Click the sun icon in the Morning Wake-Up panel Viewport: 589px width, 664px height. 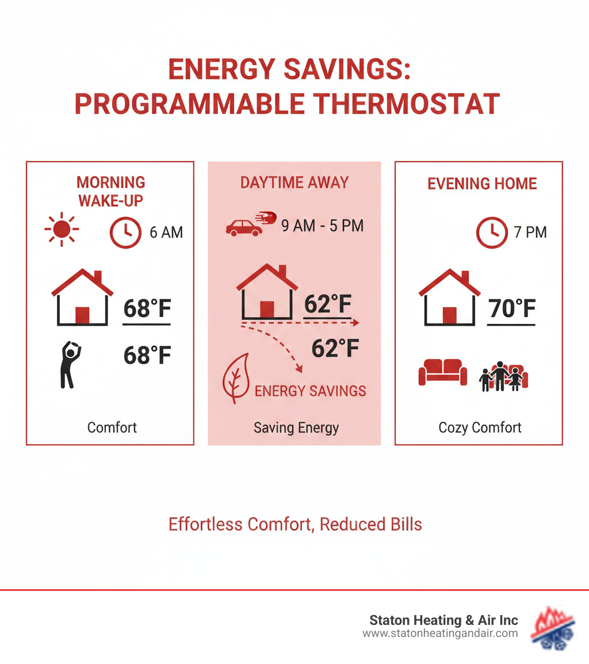coord(62,230)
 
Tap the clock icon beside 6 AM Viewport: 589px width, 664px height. coord(125,232)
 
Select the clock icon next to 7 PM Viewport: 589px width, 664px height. coord(492,232)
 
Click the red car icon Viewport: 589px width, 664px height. coord(244,227)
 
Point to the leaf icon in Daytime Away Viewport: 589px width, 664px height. coord(236,379)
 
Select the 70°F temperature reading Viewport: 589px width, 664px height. coord(512,309)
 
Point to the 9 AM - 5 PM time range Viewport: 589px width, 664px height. coord(322,226)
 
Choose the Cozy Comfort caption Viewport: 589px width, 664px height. coord(480,428)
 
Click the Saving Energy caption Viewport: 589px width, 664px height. coord(296,428)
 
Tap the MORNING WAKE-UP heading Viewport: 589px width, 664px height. coord(111,192)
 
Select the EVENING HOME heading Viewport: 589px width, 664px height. coord(482,184)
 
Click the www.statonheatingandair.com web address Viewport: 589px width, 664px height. coord(440,634)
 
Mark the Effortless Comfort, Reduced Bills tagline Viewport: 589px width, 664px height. coord(295,524)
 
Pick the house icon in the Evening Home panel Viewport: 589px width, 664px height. coord(449,299)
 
